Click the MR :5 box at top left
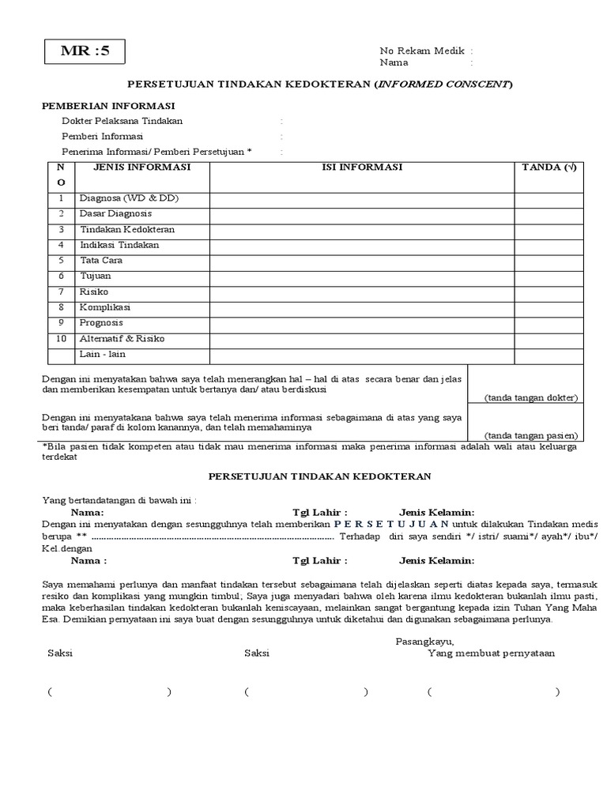click(82, 53)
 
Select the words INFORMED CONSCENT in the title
click(443, 84)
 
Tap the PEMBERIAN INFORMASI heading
click(108, 105)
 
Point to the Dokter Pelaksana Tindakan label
click(122, 121)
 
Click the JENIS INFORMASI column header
click(142, 167)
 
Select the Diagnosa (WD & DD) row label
click(129, 198)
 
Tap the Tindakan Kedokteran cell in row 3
click(127, 230)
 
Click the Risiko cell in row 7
click(94, 292)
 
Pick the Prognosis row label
click(100, 323)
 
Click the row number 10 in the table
click(61, 339)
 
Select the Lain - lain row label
click(102, 354)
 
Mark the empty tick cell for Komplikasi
click(549, 307)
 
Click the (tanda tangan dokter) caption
click(531, 397)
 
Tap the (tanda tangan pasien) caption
click(531, 435)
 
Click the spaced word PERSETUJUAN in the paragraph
click(391, 524)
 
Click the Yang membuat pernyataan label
click(491, 653)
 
